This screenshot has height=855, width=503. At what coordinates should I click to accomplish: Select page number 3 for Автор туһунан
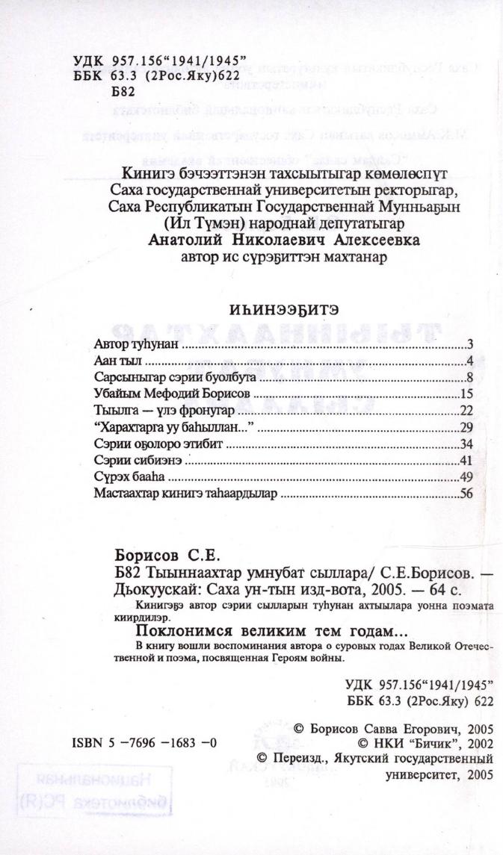(x=472, y=345)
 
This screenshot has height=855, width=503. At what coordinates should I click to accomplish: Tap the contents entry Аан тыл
(x=114, y=361)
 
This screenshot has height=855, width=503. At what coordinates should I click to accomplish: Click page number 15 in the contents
(x=469, y=394)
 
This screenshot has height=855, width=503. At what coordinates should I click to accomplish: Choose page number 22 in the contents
(x=469, y=411)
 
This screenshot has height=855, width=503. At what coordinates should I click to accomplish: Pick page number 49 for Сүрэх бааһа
(x=469, y=476)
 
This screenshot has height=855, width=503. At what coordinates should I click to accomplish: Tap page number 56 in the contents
(x=469, y=493)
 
